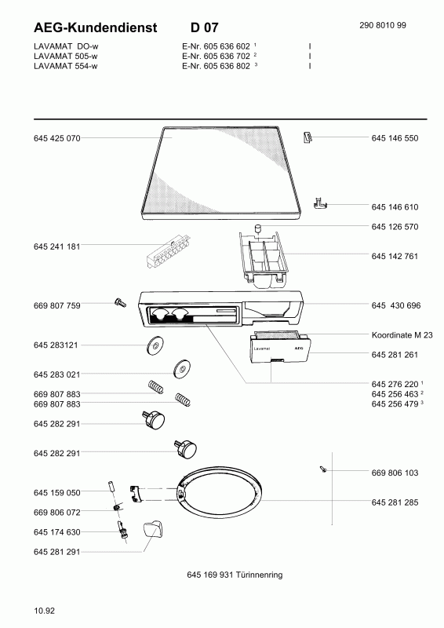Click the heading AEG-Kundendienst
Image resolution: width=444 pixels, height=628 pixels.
tap(95, 27)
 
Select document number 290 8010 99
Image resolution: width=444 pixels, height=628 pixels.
tap(383, 25)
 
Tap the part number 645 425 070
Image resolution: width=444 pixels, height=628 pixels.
tap(56, 138)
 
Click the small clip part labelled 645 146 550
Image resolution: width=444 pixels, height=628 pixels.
tap(308, 137)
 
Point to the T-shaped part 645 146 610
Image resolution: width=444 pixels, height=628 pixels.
tap(319, 203)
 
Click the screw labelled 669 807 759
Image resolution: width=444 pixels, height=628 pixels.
tap(120, 302)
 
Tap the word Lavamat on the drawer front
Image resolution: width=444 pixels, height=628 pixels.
tap(262, 349)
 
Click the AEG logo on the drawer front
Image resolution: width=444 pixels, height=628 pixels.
tap(299, 349)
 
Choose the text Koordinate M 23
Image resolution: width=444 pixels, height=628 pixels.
tap(402, 335)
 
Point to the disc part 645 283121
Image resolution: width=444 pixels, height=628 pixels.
tap(155, 345)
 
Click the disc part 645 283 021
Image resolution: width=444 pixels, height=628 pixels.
tap(182, 368)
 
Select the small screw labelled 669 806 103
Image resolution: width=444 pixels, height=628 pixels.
tap(323, 469)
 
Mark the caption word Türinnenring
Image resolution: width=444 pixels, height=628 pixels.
tap(259, 575)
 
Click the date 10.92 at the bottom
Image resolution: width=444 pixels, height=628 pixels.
tap(45, 612)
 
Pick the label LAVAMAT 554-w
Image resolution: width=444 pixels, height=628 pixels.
tap(66, 66)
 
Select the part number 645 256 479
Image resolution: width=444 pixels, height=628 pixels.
tap(395, 404)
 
